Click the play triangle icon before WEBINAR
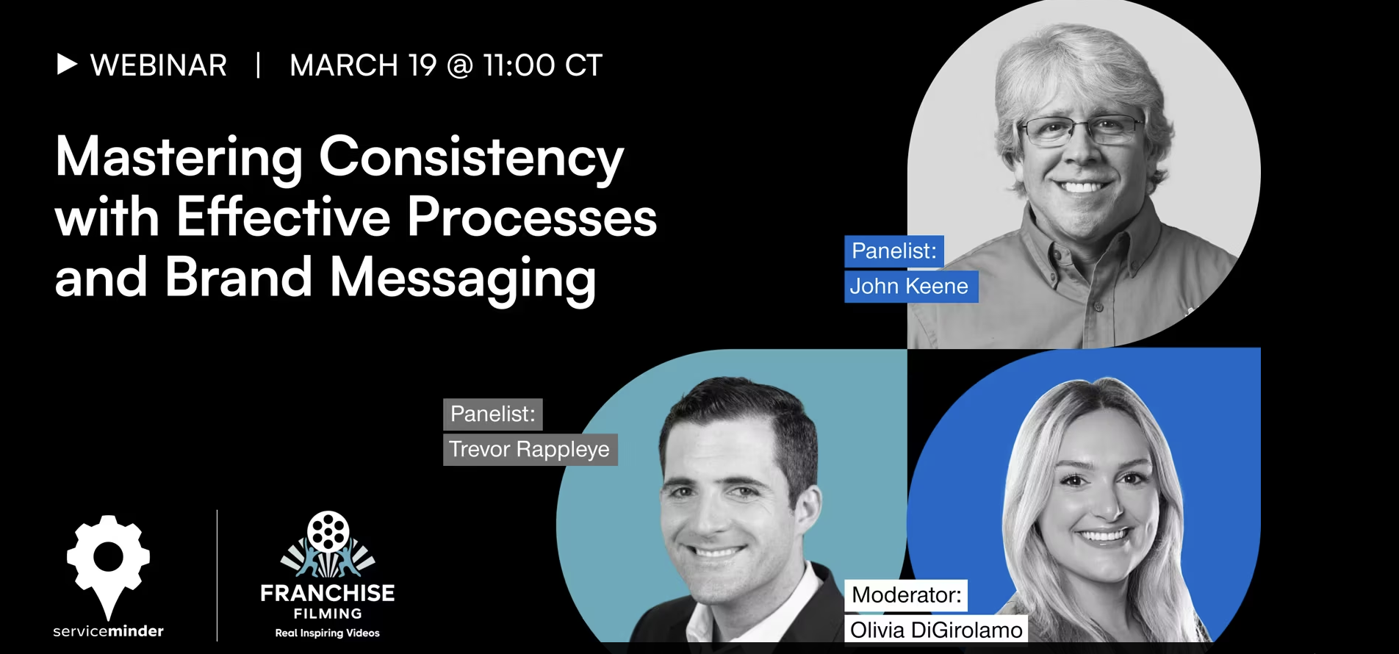click(x=67, y=65)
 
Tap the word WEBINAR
click(x=159, y=65)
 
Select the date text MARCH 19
click(x=363, y=65)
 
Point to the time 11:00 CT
click(x=543, y=65)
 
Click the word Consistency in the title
click(x=471, y=159)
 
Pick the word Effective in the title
click(x=283, y=217)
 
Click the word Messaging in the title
click(x=463, y=279)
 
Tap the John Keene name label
click(x=911, y=286)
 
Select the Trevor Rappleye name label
click(x=530, y=449)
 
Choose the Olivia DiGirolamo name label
click(x=936, y=630)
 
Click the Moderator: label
click(x=906, y=594)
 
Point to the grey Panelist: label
click(x=493, y=414)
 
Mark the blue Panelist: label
click(x=894, y=251)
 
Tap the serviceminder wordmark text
click(x=108, y=631)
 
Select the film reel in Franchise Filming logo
click(x=328, y=531)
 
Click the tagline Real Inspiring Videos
click(x=328, y=633)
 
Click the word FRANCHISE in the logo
click(x=328, y=593)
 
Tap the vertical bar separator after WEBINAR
click(x=258, y=65)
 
